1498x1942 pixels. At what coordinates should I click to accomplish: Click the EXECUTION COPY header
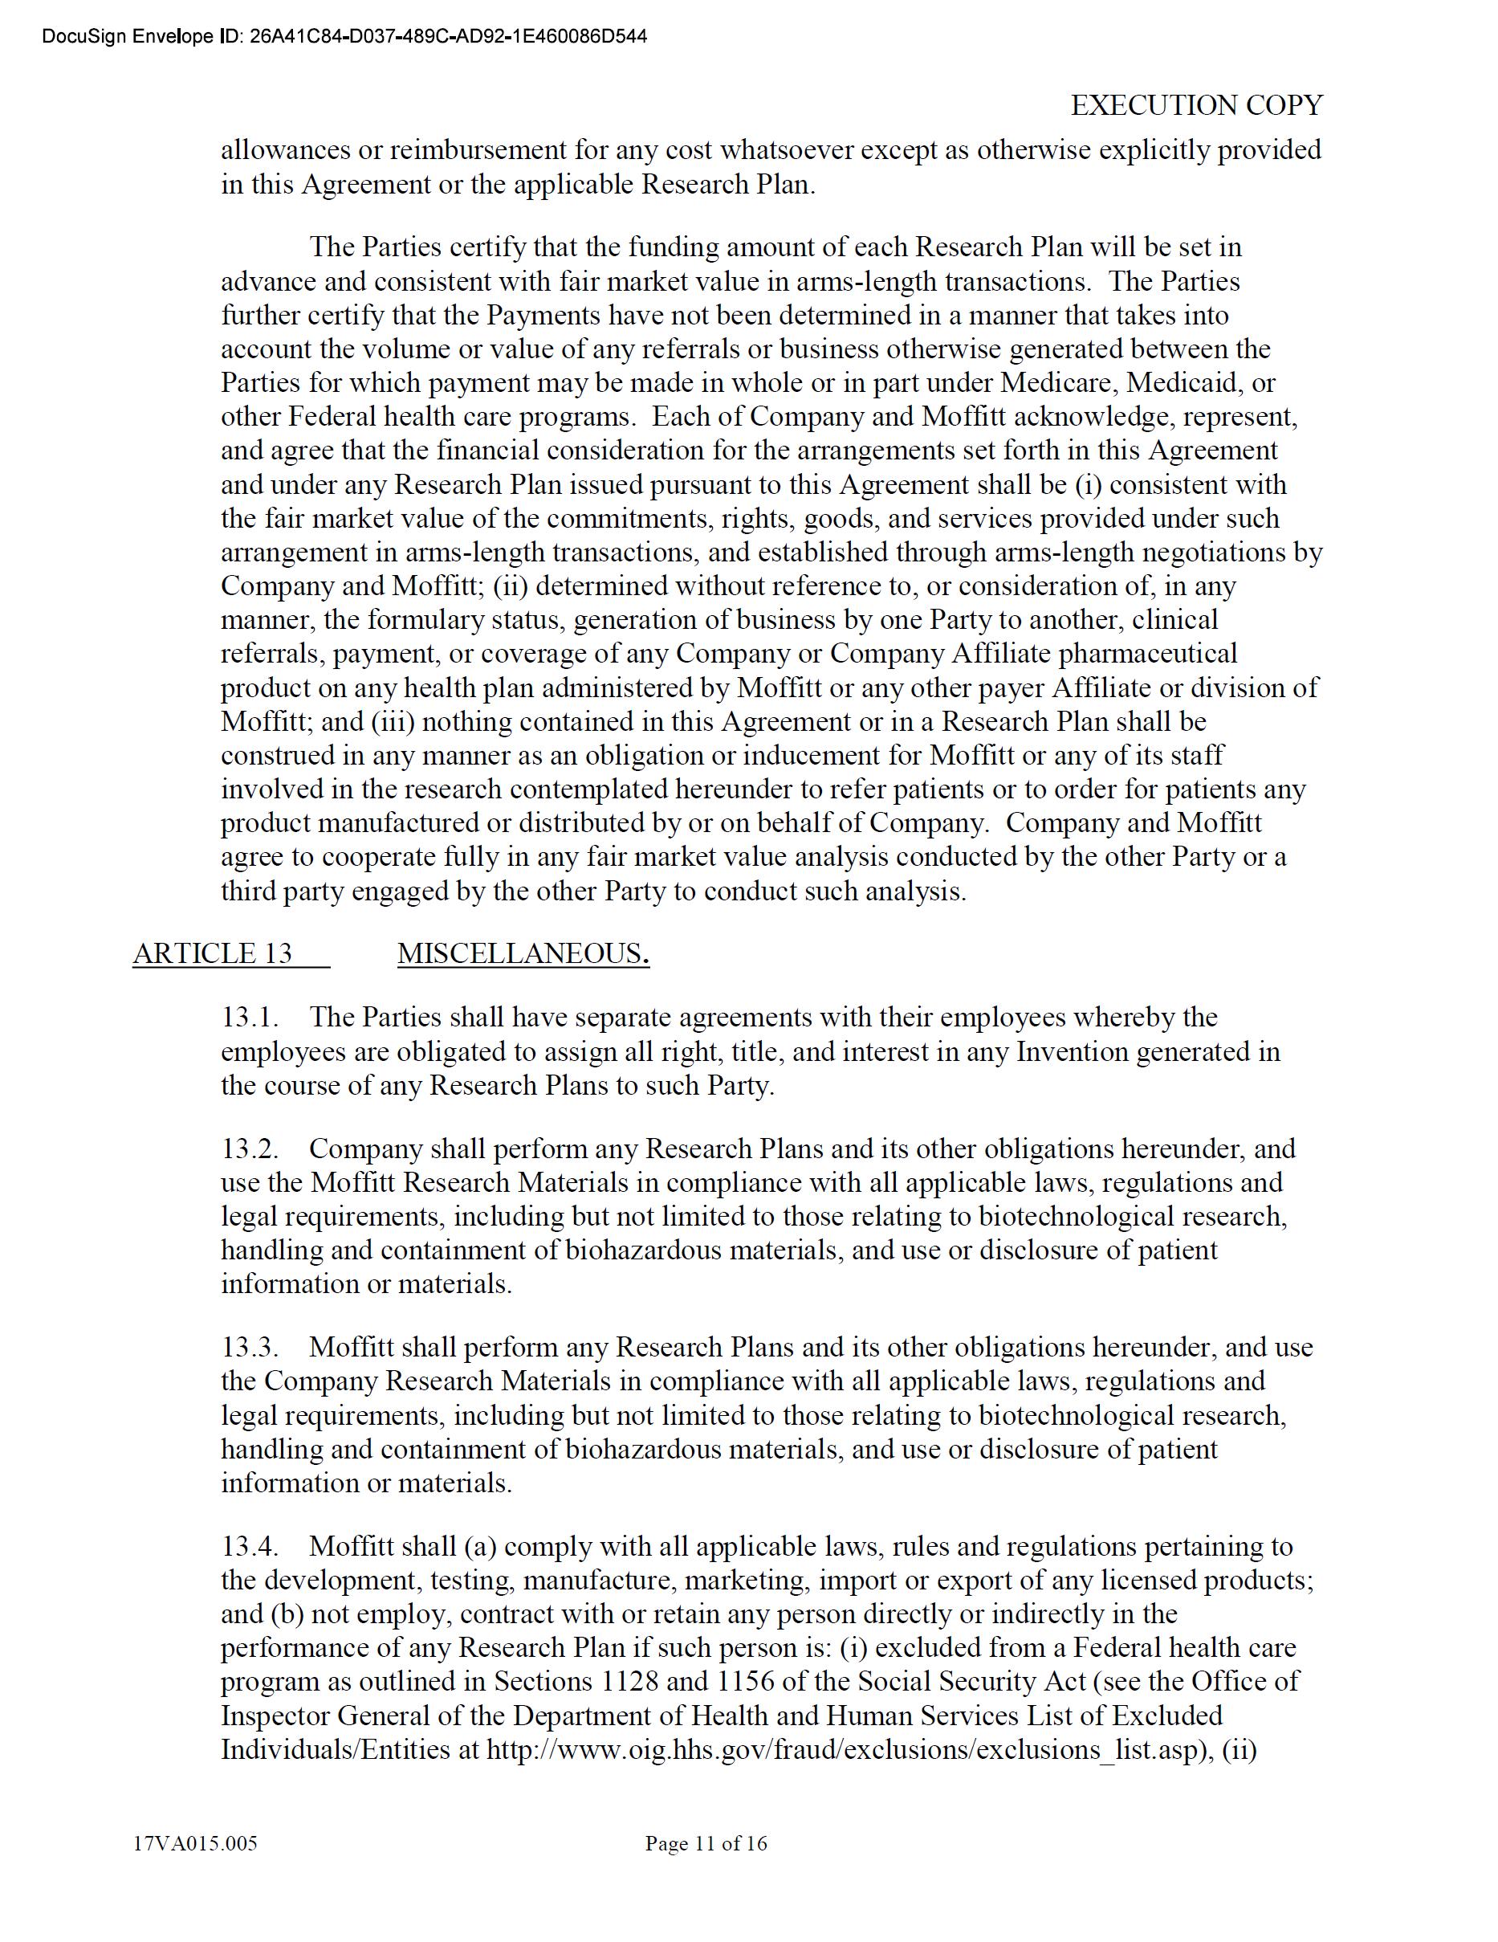pos(1195,106)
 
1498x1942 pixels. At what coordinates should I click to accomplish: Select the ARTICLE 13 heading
pos(213,953)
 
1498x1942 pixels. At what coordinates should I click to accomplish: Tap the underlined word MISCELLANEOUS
pos(521,953)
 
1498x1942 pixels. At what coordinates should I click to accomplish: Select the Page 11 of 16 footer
pos(706,1843)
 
